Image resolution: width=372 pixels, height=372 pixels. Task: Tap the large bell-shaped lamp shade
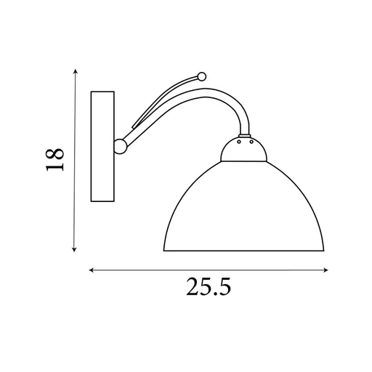pos(244,211)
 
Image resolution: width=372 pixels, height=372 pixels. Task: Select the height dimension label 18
pos(55,158)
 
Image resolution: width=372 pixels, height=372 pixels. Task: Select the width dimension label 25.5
pos(209,288)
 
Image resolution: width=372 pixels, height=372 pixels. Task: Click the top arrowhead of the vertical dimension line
pos(75,71)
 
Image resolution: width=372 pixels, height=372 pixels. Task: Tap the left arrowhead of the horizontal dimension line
pos(92,270)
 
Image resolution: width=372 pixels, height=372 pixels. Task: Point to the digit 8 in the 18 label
pos(55,151)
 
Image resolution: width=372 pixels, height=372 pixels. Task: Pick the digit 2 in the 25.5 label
pos(192,288)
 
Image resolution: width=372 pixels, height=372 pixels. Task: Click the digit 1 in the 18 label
pos(55,167)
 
